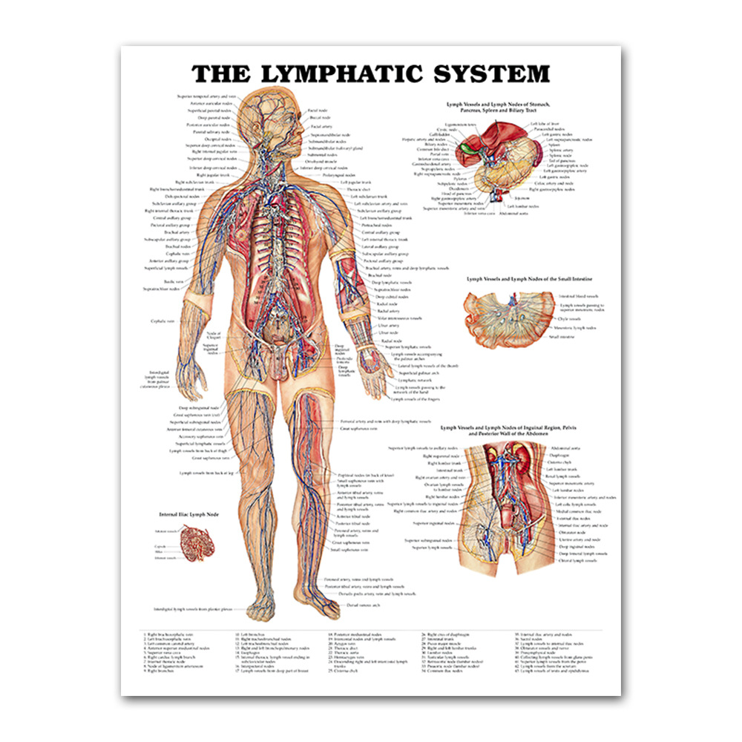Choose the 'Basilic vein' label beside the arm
pyautogui.click(x=174, y=282)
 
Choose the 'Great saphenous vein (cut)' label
pyautogui.click(x=194, y=416)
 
